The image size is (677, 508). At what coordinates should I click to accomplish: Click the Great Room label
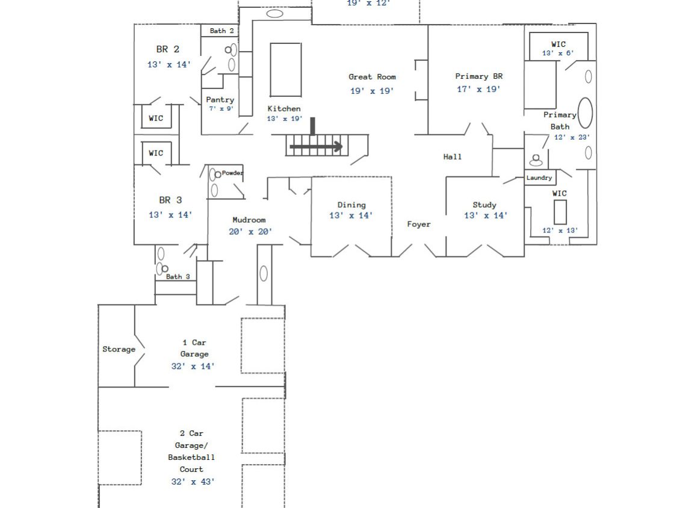click(372, 77)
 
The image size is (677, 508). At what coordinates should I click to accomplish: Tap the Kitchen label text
click(284, 109)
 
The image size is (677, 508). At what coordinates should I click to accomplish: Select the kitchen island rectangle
click(285, 69)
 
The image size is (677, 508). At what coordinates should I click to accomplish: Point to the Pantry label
click(220, 100)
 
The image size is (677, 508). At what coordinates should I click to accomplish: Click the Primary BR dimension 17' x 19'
click(478, 89)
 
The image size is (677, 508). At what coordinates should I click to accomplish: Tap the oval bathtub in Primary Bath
click(585, 113)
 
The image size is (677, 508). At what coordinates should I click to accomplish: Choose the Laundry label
click(539, 178)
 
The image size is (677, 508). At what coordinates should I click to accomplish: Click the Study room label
click(484, 205)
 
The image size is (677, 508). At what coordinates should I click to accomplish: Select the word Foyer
click(419, 225)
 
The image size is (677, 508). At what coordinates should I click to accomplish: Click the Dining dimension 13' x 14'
click(351, 215)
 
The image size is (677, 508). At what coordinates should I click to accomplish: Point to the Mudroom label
click(249, 220)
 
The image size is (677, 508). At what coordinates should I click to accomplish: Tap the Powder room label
click(232, 173)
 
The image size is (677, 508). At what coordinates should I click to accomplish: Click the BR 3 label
click(170, 200)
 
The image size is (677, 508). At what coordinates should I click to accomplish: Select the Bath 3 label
click(178, 277)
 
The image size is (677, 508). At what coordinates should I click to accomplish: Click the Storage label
click(119, 349)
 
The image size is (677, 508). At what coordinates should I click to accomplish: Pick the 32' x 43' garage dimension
click(193, 482)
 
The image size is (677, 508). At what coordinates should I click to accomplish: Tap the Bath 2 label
click(222, 31)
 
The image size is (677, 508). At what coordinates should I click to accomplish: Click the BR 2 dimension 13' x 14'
click(169, 64)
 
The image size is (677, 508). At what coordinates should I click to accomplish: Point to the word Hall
click(453, 157)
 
